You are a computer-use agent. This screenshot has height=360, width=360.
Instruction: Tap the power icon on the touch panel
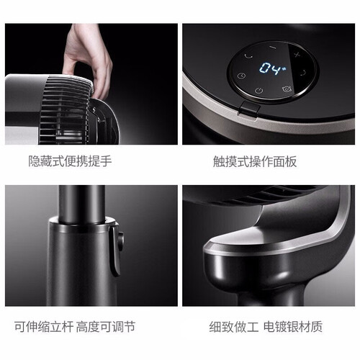click(x=258, y=91)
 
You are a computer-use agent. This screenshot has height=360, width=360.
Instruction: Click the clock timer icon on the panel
click(x=241, y=76)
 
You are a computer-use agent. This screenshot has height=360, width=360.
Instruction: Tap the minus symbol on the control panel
click(x=273, y=48)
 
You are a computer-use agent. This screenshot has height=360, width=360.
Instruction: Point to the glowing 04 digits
click(x=269, y=68)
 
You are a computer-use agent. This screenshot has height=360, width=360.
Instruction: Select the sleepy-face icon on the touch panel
click(x=287, y=89)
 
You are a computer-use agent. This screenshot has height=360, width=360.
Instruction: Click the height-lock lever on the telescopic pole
click(x=117, y=250)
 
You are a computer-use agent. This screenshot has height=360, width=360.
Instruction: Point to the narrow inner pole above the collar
click(x=81, y=203)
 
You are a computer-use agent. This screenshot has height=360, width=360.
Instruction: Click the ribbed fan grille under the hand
click(x=65, y=109)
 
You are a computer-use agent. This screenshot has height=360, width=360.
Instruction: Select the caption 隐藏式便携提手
click(x=70, y=161)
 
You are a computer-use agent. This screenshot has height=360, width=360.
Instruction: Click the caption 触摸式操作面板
click(x=255, y=161)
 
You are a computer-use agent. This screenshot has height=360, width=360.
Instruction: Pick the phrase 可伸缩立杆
click(x=43, y=327)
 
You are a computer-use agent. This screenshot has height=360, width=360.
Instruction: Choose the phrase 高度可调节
click(x=106, y=327)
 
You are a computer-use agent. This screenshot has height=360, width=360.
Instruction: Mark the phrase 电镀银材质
click(x=293, y=327)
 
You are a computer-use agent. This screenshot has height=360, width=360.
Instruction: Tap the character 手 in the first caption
click(x=106, y=161)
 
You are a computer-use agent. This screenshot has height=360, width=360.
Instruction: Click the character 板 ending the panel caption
click(x=291, y=161)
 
